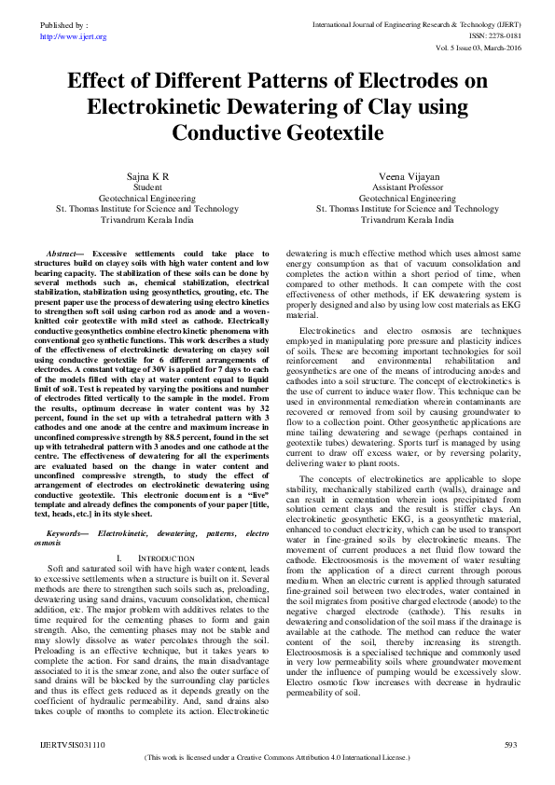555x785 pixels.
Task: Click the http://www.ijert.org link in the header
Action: [x=74, y=36]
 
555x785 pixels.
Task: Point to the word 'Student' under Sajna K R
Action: [x=147, y=187]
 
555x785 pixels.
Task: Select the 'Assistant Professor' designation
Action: [x=408, y=187]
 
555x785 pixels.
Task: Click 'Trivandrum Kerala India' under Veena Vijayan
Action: [x=408, y=221]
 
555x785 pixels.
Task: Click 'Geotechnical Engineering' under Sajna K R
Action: [x=147, y=199]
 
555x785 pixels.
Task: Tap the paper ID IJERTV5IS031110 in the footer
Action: [x=72, y=745]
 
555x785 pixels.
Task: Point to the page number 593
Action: [x=509, y=745]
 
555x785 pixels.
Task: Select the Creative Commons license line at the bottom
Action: [x=277, y=758]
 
